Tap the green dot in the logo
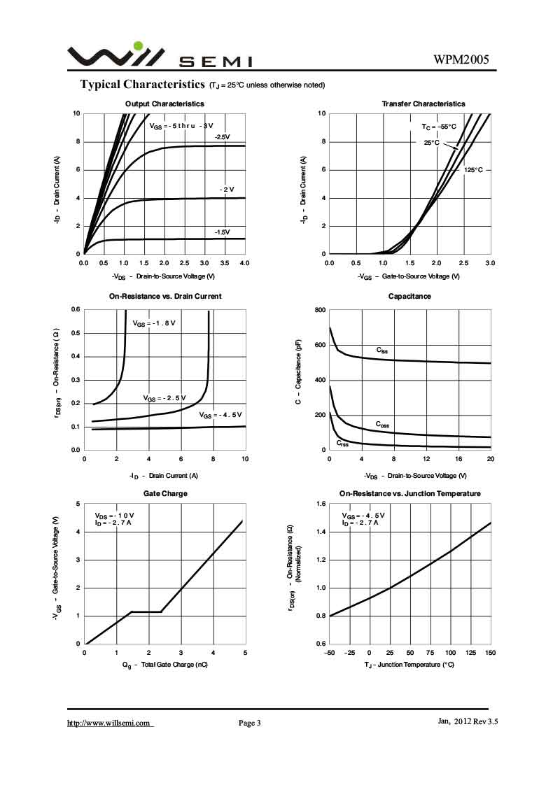pyautogui.click(x=138, y=46)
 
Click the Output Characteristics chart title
pyautogui.click(x=164, y=104)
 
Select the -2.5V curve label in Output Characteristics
pyautogui.click(x=222, y=136)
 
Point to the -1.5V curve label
pyautogui.click(x=222, y=232)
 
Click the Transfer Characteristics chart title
pyautogui.click(x=423, y=104)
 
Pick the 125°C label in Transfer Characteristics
pyautogui.click(x=473, y=170)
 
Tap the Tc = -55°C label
pyautogui.click(x=439, y=127)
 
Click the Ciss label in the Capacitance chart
pyautogui.click(x=381, y=350)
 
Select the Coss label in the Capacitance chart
pyautogui.click(x=382, y=424)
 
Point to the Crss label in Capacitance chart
pyautogui.click(x=342, y=443)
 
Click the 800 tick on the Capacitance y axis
pyautogui.click(x=319, y=310)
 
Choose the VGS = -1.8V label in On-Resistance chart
pyautogui.click(x=154, y=323)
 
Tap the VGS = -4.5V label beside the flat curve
pyautogui.click(x=221, y=415)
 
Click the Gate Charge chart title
pyautogui.click(x=165, y=493)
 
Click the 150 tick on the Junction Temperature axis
pyautogui.click(x=490, y=653)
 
